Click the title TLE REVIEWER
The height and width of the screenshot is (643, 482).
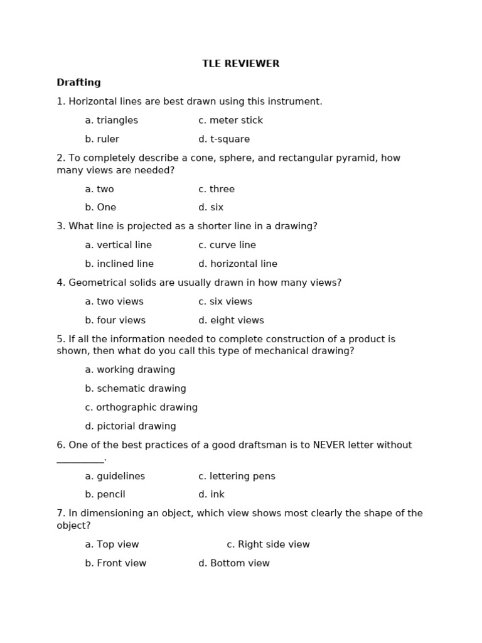tap(240, 64)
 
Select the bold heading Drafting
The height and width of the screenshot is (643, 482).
tap(78, 83)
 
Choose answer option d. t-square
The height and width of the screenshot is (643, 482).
tap(224, 139)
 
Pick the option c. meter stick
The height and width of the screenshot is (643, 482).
tap(230, 121)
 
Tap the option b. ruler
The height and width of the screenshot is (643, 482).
tap(102, 139)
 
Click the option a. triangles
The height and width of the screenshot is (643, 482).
tap(111, 121)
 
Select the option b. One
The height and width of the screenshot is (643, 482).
tap(100, 208)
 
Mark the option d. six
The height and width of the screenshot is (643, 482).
tap(211, 208)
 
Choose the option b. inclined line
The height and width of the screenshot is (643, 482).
tap(119, 264)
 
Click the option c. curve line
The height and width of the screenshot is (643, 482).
tap(227, 246)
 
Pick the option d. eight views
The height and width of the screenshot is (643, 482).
tap(231, 321)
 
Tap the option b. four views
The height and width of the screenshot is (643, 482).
tap(115, 321)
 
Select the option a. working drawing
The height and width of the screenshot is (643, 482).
tap(130, 370)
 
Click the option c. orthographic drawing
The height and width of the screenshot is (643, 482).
tap(141, 408)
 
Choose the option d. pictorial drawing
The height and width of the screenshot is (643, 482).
tap(131, 427)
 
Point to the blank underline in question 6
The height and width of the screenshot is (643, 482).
tap(80, 461)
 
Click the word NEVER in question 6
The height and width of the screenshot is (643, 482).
tap(329, 446)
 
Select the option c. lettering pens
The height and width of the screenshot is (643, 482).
tap(237, 477)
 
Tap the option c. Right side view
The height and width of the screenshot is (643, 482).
tap(268, 545)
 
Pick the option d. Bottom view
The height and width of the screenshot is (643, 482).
tap(234, 564)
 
